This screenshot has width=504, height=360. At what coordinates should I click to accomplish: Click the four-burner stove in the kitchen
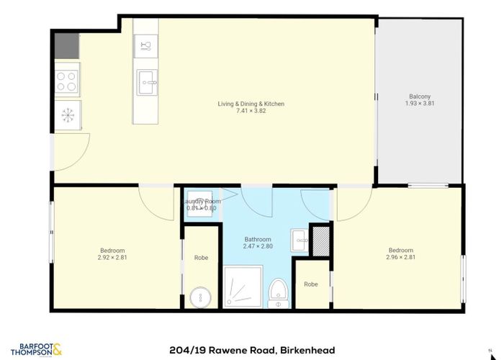[x=68, y=80]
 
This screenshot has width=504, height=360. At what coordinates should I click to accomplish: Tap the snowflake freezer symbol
[x=68, y=115]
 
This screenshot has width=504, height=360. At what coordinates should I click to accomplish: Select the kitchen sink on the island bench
[x=148, y=81]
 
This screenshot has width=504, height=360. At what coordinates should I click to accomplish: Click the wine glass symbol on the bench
[x=145, y=46]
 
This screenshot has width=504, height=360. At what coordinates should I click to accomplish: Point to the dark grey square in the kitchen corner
[x=68, y=45]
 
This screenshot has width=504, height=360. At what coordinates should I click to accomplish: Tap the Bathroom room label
[x=257, y=239]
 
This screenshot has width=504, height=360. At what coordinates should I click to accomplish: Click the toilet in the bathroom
[x=277, y=293]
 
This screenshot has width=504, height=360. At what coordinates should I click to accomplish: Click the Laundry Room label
[x=203, y=201]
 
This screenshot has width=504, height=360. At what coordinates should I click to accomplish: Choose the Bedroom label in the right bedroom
[x=400, y=250]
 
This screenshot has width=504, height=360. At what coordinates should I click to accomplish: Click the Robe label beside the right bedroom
[x=311, y=284]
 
